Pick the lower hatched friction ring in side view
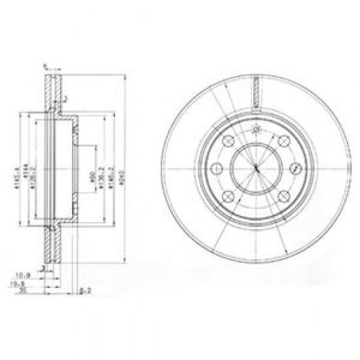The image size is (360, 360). click(50, 245)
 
